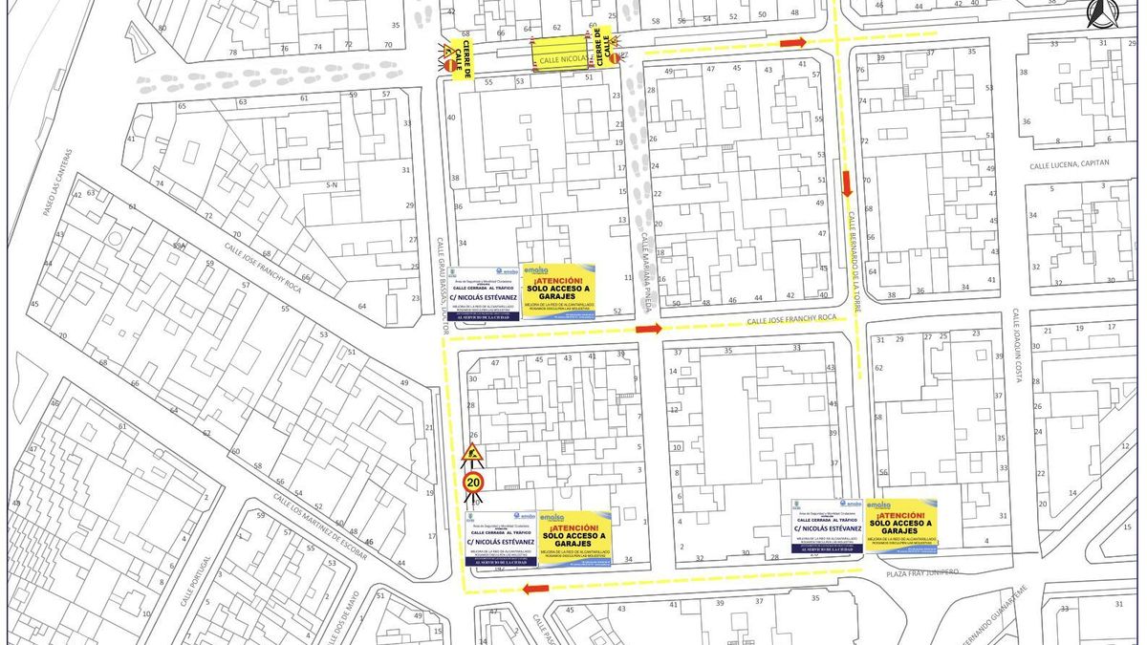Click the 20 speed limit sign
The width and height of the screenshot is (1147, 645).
(473, 483)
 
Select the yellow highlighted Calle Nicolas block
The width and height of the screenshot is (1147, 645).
(559, 53)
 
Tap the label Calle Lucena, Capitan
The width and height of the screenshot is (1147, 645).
(1070, 164)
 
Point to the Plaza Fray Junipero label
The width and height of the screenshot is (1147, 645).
(929, 572)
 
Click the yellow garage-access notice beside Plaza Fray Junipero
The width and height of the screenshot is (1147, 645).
(900, 524)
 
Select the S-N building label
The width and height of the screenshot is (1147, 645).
(332, 184)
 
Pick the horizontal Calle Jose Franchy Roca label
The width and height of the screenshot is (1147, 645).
(791, 318)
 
